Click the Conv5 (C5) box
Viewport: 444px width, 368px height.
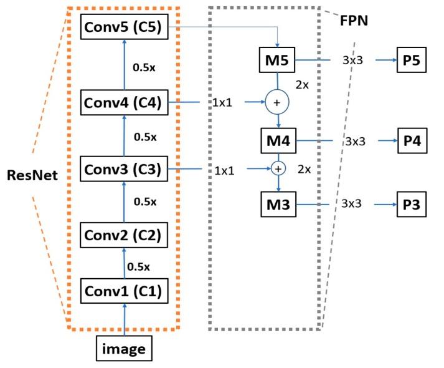125,28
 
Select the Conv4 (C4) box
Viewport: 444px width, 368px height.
125,103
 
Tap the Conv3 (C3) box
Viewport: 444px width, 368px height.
125,169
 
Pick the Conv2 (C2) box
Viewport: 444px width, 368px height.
125,235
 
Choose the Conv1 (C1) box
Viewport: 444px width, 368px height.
125,291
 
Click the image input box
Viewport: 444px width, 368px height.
125,349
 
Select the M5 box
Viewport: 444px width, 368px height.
276,61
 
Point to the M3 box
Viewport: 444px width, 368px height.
276,203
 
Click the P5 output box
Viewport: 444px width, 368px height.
412,61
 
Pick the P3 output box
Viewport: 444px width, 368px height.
412,203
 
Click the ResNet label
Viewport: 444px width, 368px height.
32,175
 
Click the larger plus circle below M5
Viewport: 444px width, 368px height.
276,100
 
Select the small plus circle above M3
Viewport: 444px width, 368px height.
277,168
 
